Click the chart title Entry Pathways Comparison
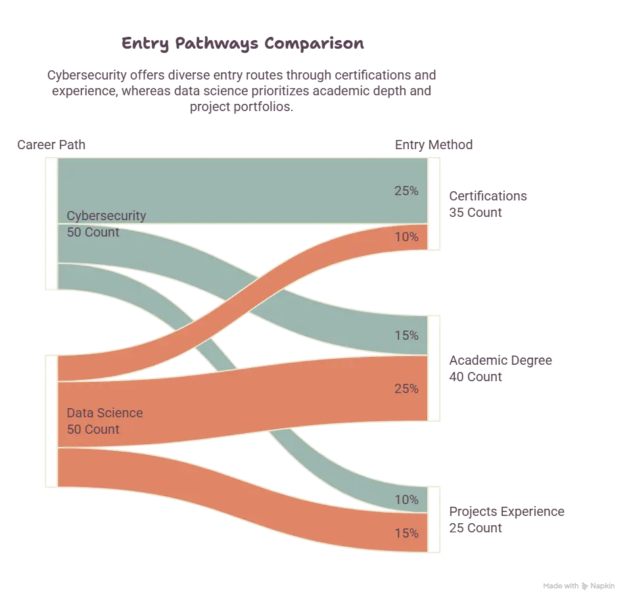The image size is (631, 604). point(243,43)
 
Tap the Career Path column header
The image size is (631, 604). point(51,145)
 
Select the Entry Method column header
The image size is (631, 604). point(434,145)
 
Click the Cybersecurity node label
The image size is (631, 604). point(106,216)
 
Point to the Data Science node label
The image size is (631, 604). point(105,413)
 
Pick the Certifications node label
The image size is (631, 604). point(488,196)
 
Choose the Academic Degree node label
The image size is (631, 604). point(501,361)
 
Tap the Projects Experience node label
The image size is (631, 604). point(507,511)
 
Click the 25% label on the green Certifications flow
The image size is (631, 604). point(406,191)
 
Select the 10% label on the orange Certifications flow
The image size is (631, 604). point(406,237)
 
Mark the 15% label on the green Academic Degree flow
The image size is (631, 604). point(406,336)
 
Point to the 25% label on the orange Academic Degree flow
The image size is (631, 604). point(406,388)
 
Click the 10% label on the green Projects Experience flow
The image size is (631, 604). point(406,499)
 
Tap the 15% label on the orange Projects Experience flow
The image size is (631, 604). point(406,534)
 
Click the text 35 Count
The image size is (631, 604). point(475,212)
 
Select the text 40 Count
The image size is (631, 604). point(475,377)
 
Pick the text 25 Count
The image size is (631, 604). point(475,528)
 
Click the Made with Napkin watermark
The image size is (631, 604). point(578,586)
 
